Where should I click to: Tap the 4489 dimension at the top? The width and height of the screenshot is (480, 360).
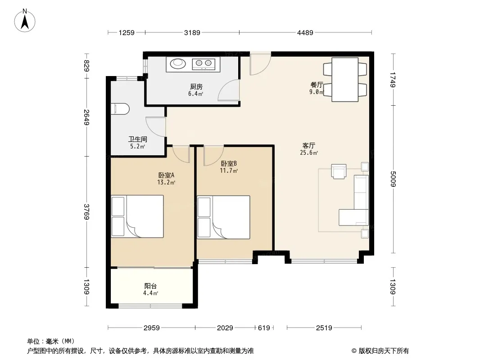click(305, 32)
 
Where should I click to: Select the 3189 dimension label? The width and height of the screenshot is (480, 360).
click(192, 32)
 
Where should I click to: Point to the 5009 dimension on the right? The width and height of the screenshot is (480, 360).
click(393, 179)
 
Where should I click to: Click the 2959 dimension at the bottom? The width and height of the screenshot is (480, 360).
click(152, 328)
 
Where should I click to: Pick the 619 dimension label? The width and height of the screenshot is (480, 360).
click(264, 328)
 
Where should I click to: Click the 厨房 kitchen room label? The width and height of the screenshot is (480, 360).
click(196, 86)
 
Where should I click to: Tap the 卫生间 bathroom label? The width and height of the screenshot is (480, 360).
click(138, 139)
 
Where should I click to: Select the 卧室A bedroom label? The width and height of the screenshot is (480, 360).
click(166, 175)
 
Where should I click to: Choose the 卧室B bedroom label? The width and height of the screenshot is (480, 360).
click(229, 164)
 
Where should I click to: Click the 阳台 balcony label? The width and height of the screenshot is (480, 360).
click(150, 286)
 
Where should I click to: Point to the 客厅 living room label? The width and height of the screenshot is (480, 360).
click(308, 146)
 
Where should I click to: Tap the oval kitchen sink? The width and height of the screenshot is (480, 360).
click(178, 63)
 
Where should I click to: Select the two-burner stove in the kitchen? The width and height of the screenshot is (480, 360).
click(204, 63)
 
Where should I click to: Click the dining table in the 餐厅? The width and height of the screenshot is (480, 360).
click(345, 80)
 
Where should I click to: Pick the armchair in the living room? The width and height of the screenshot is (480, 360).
click(339, 171)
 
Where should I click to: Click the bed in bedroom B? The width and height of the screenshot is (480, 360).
click(223, 217)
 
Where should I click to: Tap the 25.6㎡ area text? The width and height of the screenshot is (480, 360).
click(308, 153)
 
